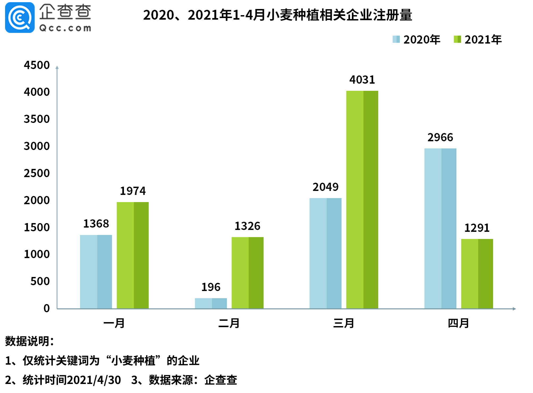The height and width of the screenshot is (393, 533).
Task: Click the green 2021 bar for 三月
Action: pyautogui.click(x=362, y=199)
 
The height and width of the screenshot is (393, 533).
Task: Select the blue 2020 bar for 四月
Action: pyautogui.click(x=440, y=228)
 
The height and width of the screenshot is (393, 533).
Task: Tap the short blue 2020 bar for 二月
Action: pyautogui.click(x=211, y=303)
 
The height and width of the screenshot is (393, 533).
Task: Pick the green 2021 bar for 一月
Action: pyautogui.click(x=133, y=255)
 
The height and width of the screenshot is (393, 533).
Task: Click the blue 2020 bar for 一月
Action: pyautogui.click(x=96, y=272)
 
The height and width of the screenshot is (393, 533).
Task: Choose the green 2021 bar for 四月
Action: pyautogui.click(x=477, y=274)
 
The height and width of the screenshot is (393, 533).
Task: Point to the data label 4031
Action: pyautogui.click(x=362, y=80)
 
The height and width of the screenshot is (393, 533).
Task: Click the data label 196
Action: pyautogui.click(x=211, y=287)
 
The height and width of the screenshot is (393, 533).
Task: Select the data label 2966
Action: pyautogui.click(x=440, y=138)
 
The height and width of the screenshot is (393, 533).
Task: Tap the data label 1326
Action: pyautogui.click(x=247, y=226)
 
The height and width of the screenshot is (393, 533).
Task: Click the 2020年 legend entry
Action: pyautogui.click(x=416, y=40)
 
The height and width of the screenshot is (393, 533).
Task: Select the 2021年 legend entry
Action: pyautogui.click(x=478, y=40)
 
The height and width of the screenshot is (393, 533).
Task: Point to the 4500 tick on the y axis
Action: pyautogui.click(x=37, y=65)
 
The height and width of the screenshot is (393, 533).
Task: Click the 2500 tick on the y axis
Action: pyautogui.click(x=37, y=173)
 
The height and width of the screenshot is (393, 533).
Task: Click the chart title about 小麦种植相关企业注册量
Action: pyautogui.click(x=278, y=15)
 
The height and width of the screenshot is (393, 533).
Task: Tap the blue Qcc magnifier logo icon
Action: pyautogui.click(x=20, y=18)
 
